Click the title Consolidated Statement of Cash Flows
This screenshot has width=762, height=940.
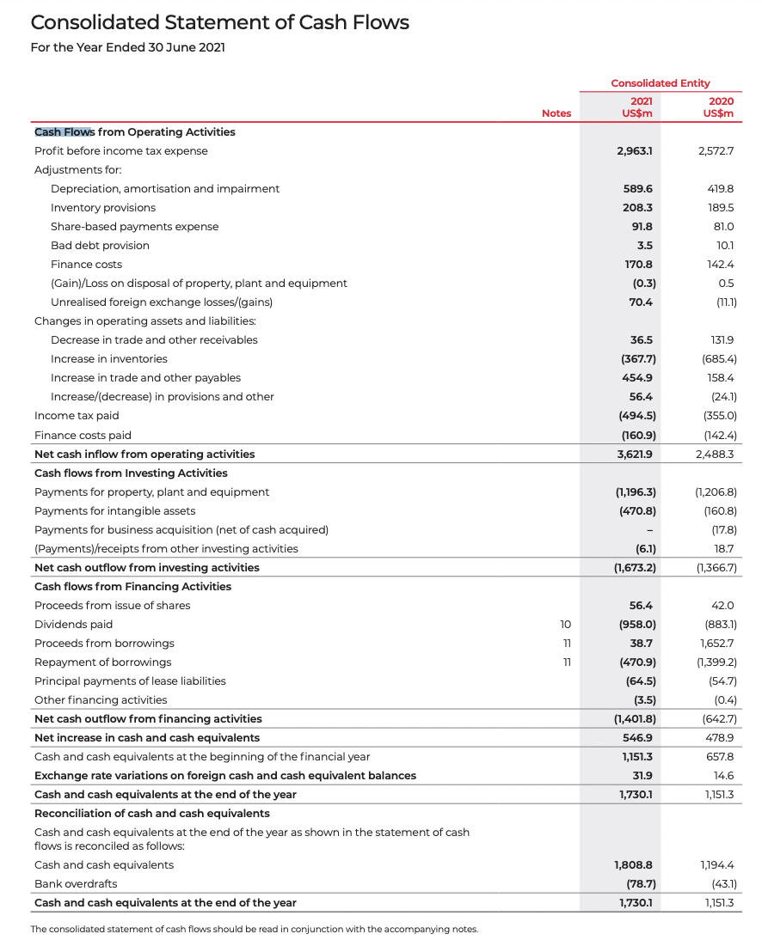coord(219,22)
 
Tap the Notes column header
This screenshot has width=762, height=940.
coord(556,113)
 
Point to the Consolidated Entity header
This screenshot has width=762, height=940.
coord(660,83)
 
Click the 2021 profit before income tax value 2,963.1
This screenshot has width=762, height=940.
coord(635,150)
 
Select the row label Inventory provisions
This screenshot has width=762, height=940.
coord(103,207)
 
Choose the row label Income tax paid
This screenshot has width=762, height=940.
coord(77,415)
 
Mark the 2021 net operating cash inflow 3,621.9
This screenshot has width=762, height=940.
coord(635,454)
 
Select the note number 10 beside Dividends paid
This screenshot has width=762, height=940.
coord(565,624)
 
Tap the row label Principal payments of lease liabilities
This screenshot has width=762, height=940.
coord(130,681)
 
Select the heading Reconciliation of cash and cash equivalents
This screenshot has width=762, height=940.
coord(151,813)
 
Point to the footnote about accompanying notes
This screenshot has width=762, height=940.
coord(254,929)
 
